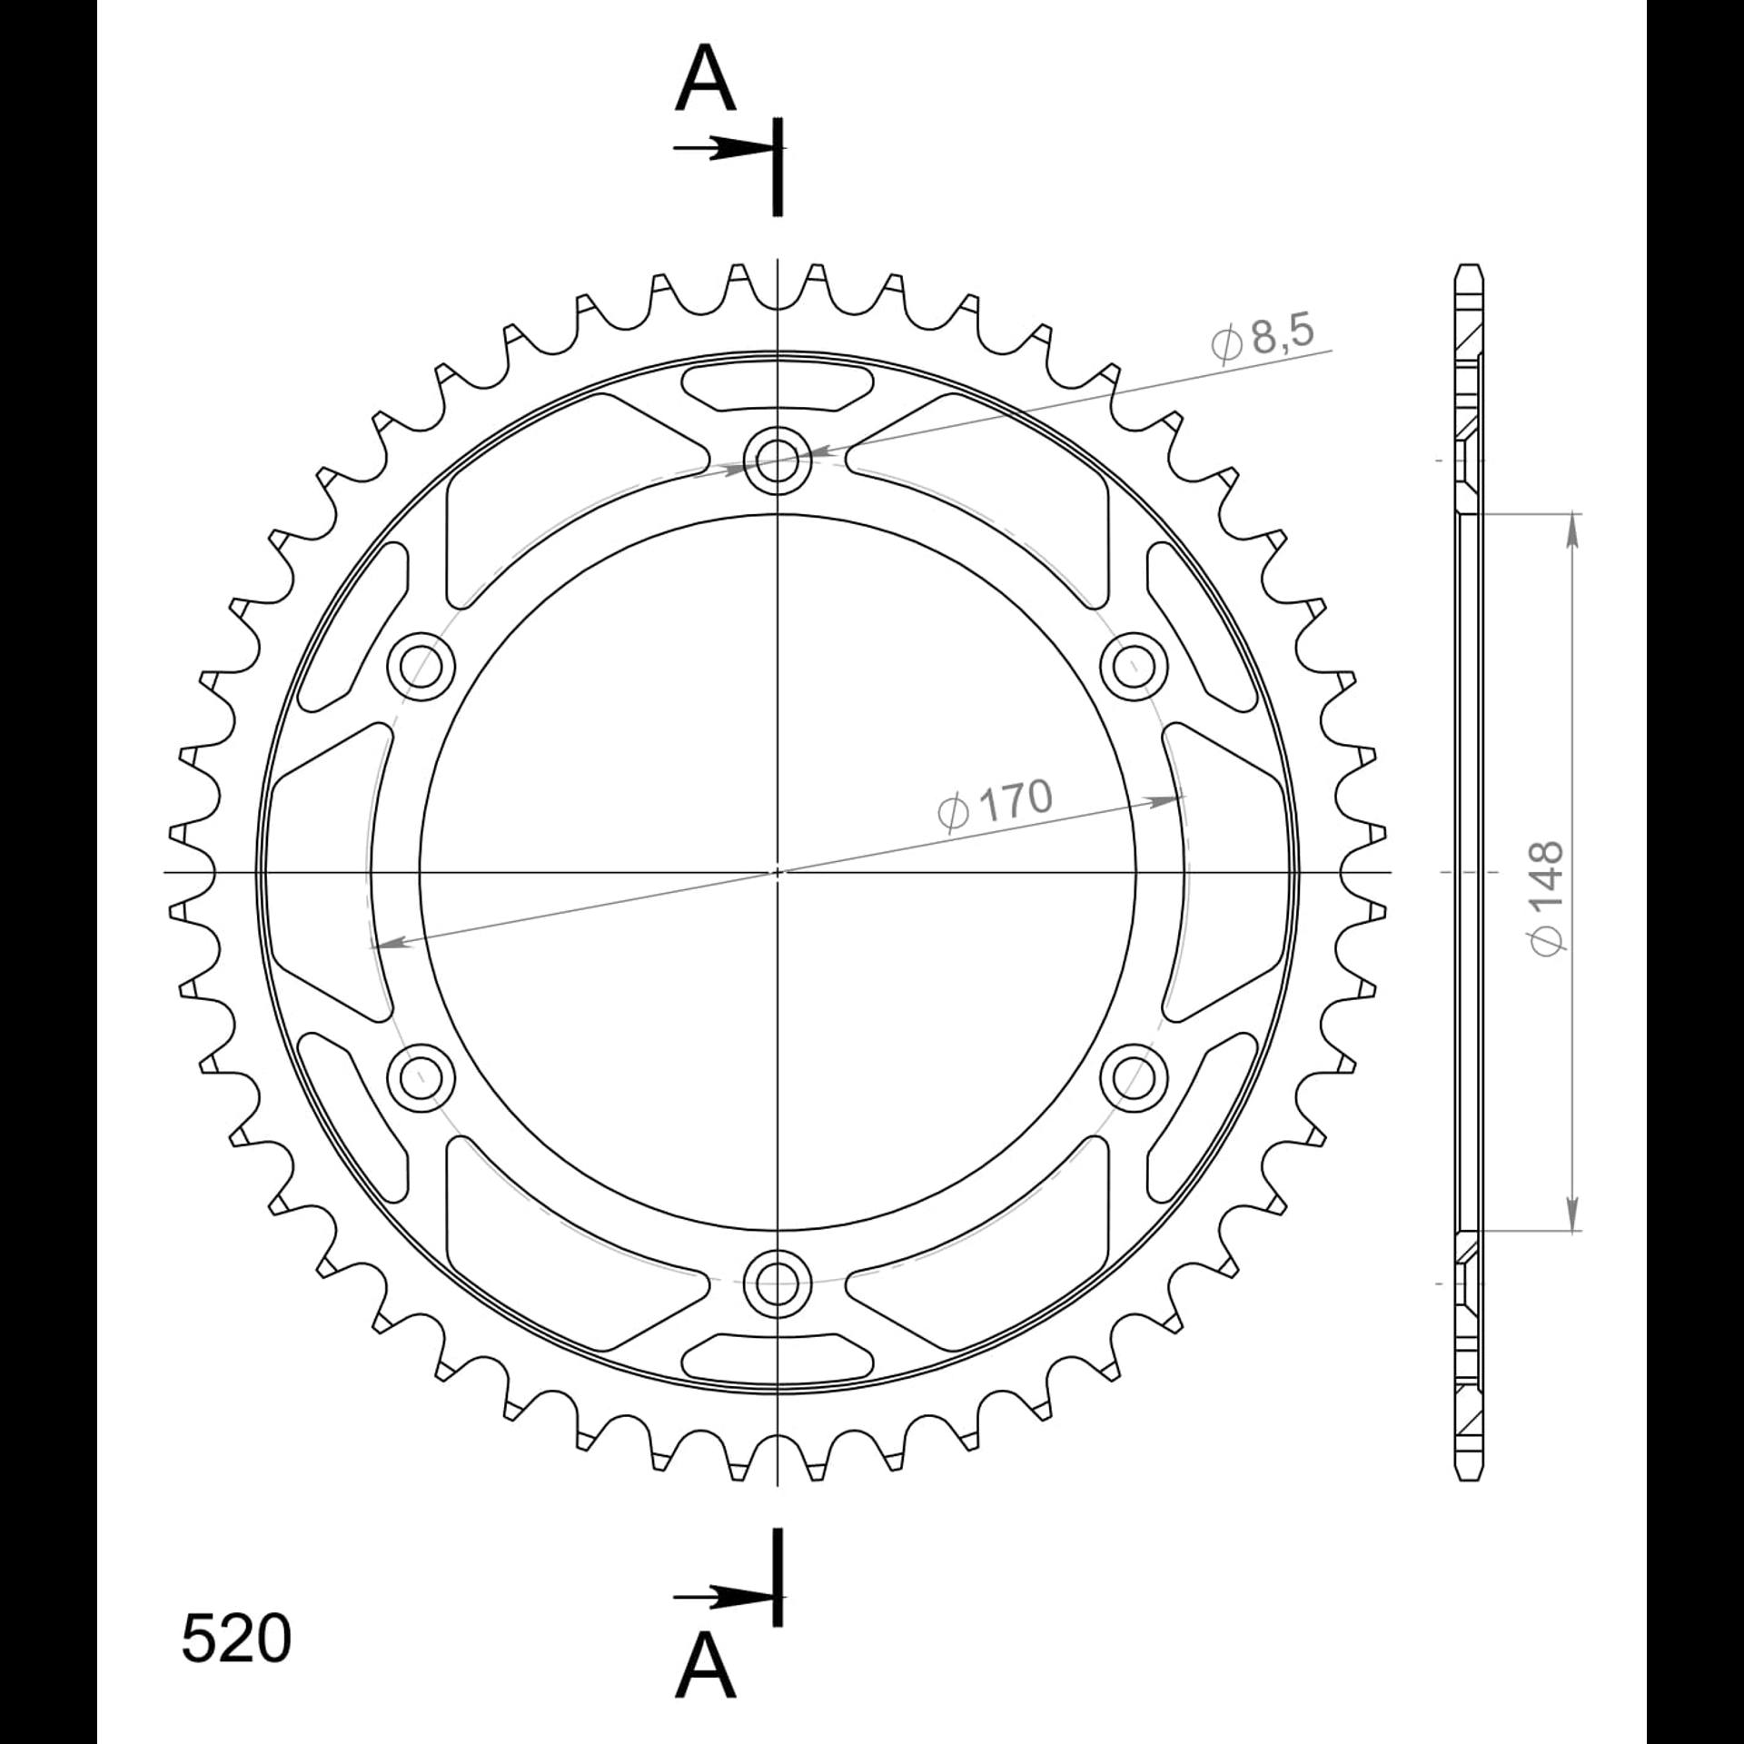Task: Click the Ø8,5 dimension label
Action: [x=1262, y=338]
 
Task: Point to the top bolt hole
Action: [x=777, y=461]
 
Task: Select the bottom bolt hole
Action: [x=777, y=1283]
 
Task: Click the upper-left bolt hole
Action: [x=421, y=667]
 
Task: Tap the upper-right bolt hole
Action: [x=1134, y=667]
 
